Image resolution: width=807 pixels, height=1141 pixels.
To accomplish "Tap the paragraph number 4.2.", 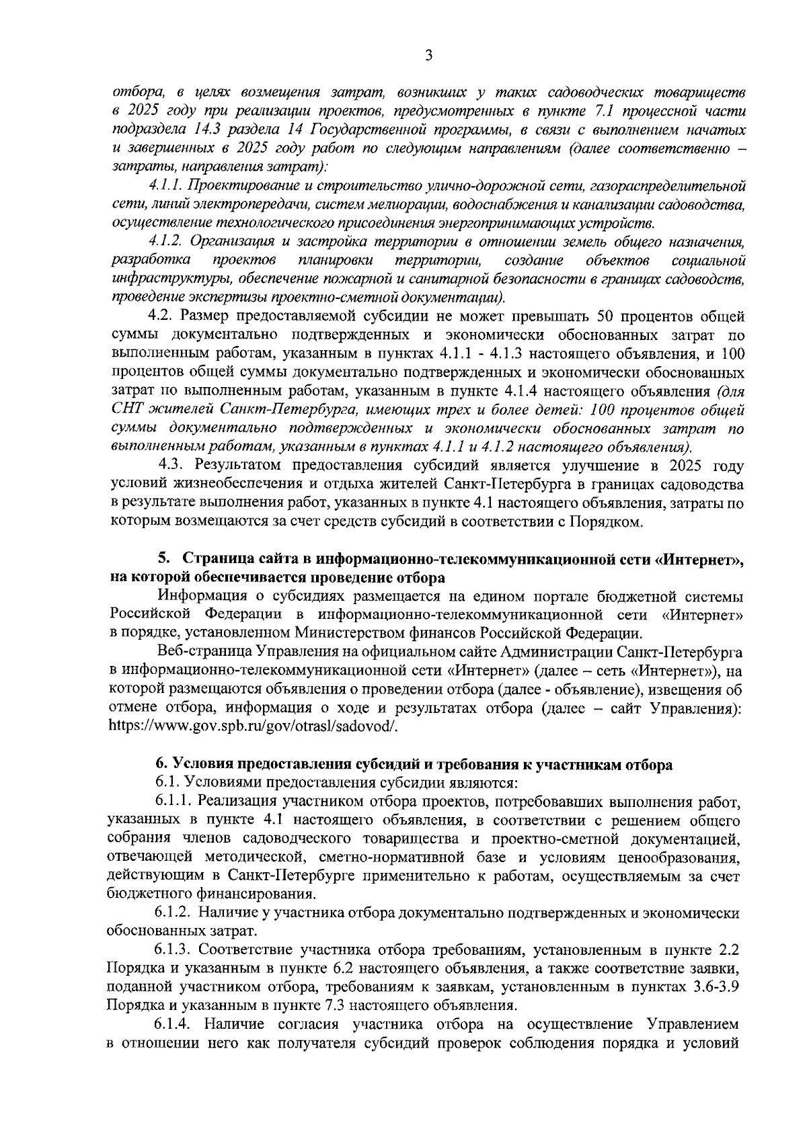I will pyautogui.click(x=161, y=316).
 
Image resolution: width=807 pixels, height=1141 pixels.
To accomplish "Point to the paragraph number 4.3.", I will pyautogui.click(x=172, y=465).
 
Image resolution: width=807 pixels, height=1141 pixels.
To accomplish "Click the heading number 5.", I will pyautogui.click(x=162, y=559).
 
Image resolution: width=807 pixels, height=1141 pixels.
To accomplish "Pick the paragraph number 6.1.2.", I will pyautogui.click(x=174, y=913).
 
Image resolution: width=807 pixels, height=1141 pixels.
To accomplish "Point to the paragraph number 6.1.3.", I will pyautogui.click(x=174, y=950).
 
